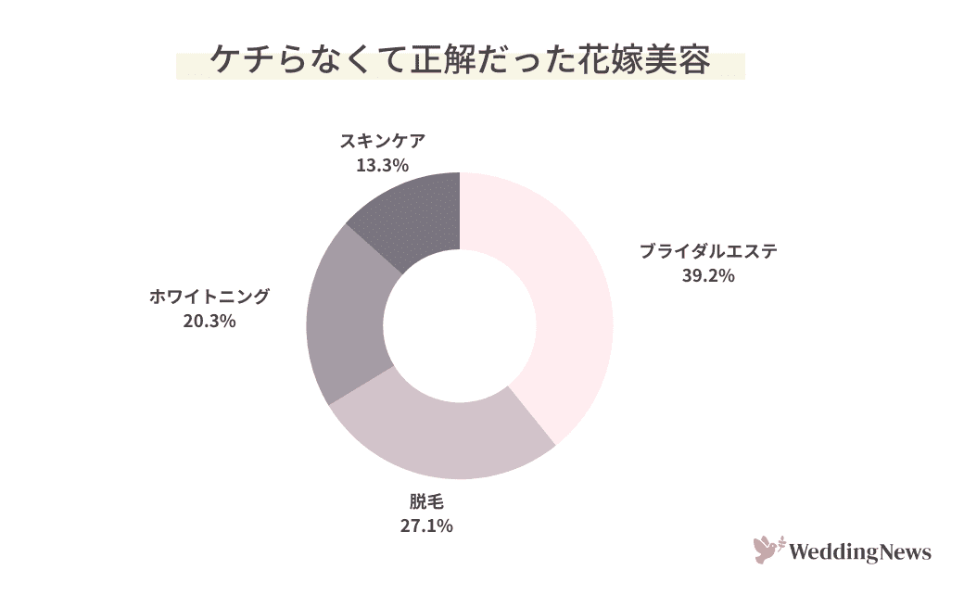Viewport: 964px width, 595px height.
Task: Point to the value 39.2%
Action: (708, 275)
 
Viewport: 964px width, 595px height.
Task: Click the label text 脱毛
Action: (427, 503)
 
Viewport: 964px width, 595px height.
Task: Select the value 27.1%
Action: (427, 526)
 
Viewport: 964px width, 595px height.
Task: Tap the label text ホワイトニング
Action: (209, 297)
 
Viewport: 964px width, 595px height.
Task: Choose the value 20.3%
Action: (209, 322)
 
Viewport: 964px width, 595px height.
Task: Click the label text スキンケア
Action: (383, 141)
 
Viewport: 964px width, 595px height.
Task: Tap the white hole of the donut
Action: (460, 325)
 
